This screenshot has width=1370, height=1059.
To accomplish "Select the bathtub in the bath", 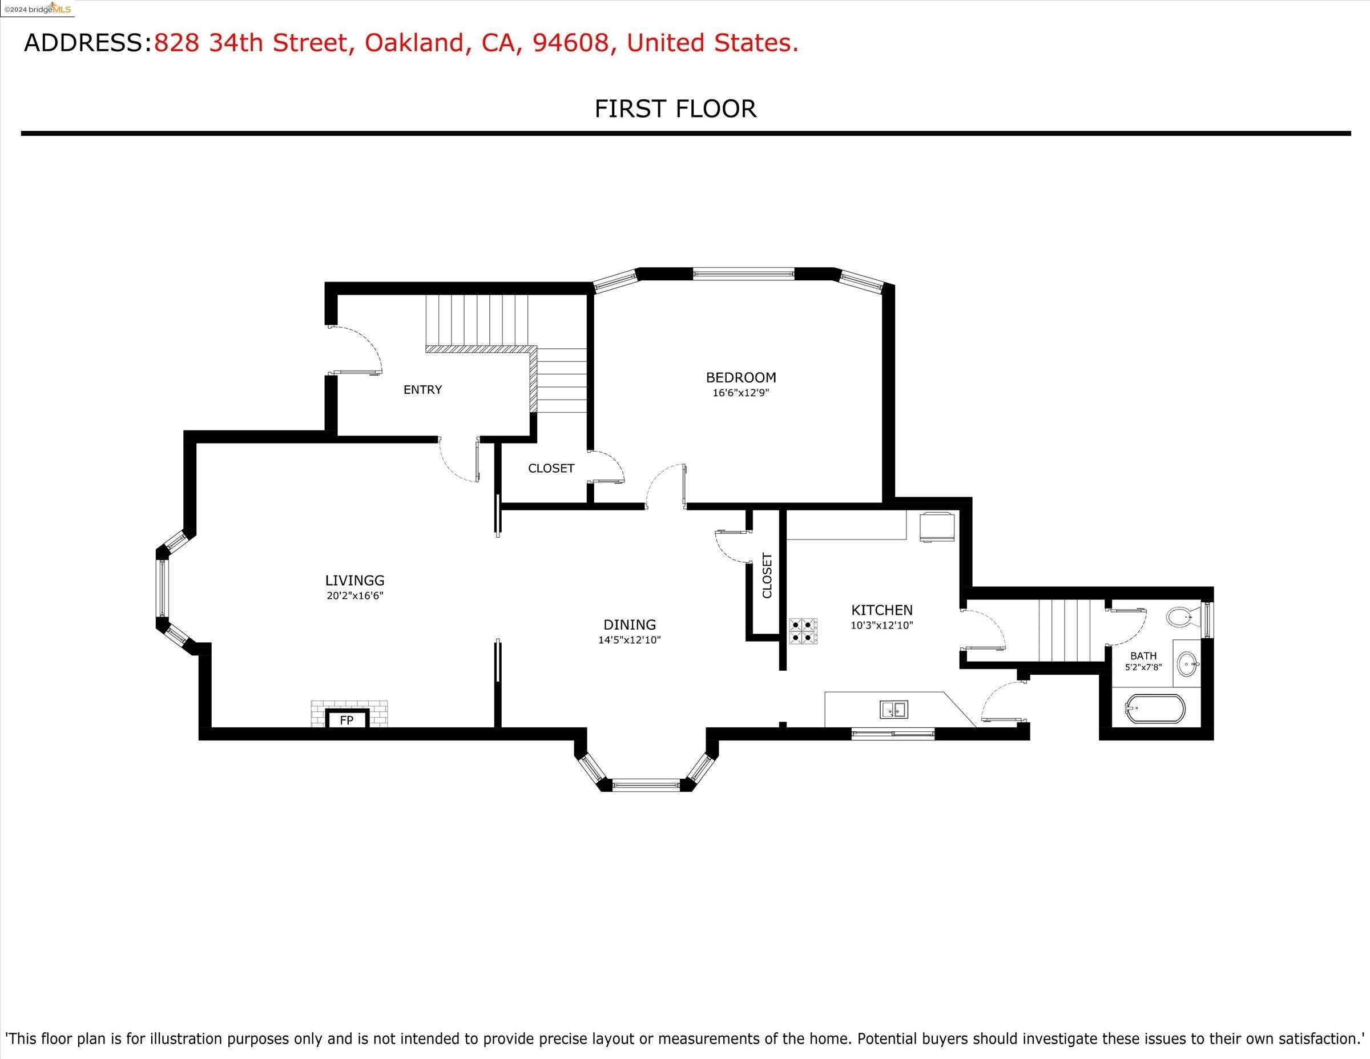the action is pos(1155,708).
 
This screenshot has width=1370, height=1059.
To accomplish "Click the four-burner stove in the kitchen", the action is pos(803,631).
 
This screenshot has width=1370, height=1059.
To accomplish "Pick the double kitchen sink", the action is pos(894,710).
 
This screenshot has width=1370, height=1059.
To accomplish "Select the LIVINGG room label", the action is pos(354,581).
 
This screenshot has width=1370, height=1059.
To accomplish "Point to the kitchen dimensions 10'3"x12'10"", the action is pos(882,626).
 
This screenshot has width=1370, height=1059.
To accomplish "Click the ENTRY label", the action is pos(423,389).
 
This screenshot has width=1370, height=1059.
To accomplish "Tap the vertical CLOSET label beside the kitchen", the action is pos(767,575).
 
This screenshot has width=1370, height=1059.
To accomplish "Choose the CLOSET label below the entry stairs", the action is pos(551,468).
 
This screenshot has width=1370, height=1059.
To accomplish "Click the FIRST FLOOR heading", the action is pos(676,108).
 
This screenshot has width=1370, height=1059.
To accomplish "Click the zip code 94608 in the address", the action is pos(570,43).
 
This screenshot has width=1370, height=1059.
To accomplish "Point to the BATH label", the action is pos(1143,655).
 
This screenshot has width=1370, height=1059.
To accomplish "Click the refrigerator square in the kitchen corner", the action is pos(938,526).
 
